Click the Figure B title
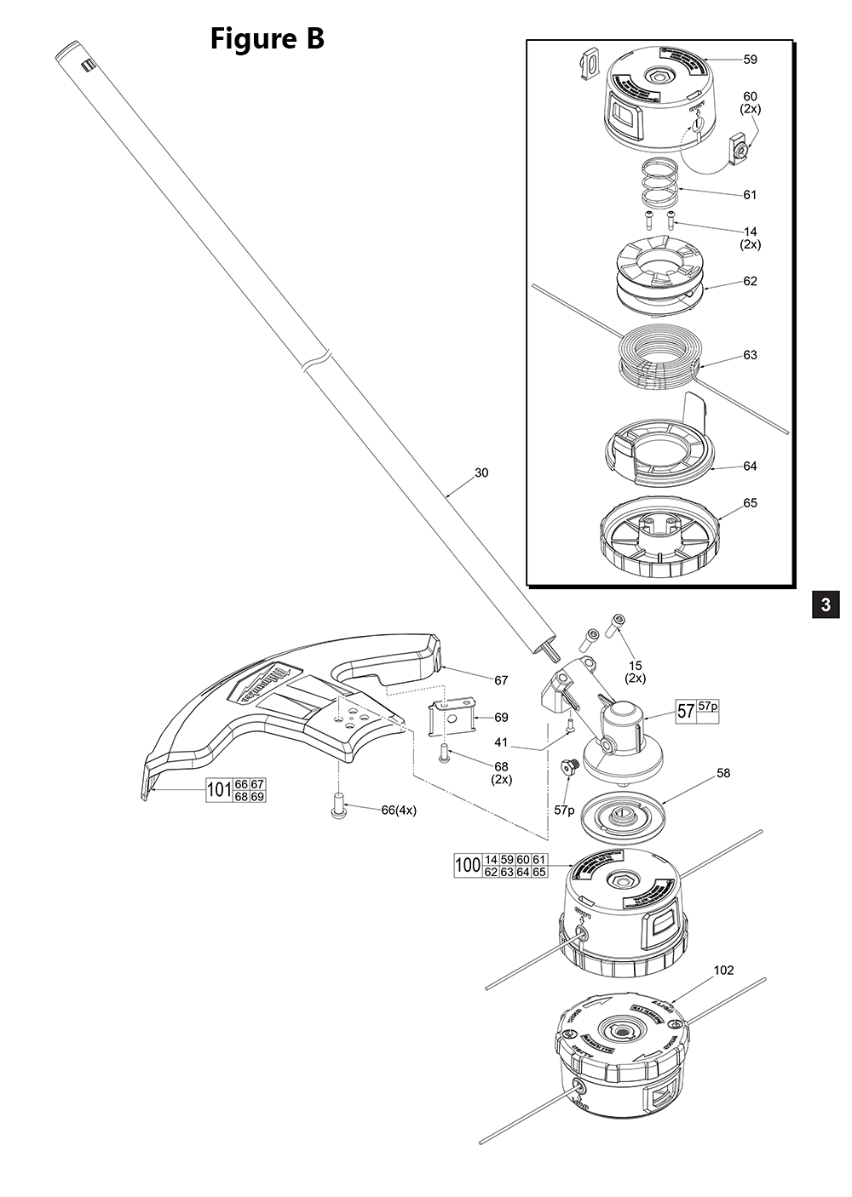click(267, 38)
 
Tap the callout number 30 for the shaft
click(481, 473)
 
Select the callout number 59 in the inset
click(750, 60)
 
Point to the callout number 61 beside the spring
click(750, 195)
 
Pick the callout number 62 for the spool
click(750, 282)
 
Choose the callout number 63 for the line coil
click(750, 355)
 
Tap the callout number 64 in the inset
click(750, 467)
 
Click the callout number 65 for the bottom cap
click(750, 503)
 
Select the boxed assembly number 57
click(686, 712)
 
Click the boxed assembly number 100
click(468, 866)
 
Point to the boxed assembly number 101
click(220, 791)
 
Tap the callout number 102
click(723, 970)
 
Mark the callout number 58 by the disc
click(723, 773)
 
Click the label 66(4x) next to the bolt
click(399, 810)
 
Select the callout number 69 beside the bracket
click(501, 718)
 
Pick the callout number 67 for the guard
click(501, 680)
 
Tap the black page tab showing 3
click(825, 604)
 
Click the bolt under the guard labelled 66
click(338, 805)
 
